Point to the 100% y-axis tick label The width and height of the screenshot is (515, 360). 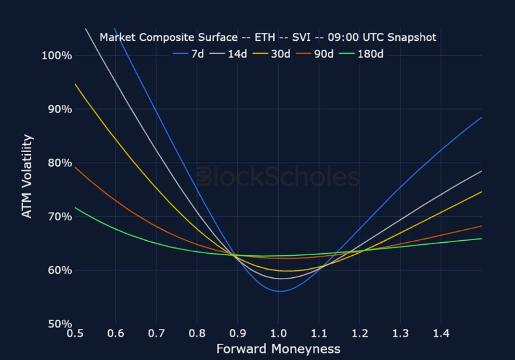(57, 55)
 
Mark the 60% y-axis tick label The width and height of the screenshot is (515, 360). (59, 270)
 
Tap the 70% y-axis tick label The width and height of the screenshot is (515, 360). (59, 216)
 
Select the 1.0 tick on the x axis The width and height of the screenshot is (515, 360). (278, 334)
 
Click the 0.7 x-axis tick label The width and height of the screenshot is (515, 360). (156, 334)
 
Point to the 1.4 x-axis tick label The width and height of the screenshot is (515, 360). (441, 334)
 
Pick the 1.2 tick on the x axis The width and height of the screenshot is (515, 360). (360, 334)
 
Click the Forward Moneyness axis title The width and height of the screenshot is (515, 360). (278, 349)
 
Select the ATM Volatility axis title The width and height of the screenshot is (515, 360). (27, 176)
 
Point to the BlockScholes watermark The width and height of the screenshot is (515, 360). (278, 178)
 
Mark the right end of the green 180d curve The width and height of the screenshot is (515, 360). (482, 238)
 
